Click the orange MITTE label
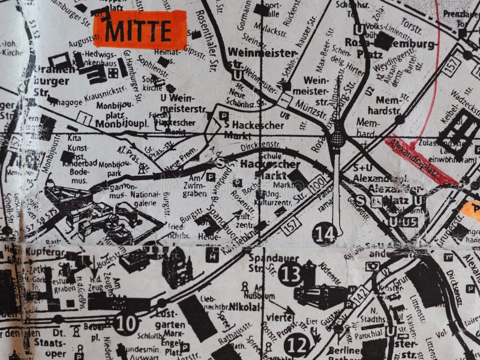point(140,30)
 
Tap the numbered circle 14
point(324,233)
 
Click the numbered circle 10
point(126,323)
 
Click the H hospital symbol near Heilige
point(212,254)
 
